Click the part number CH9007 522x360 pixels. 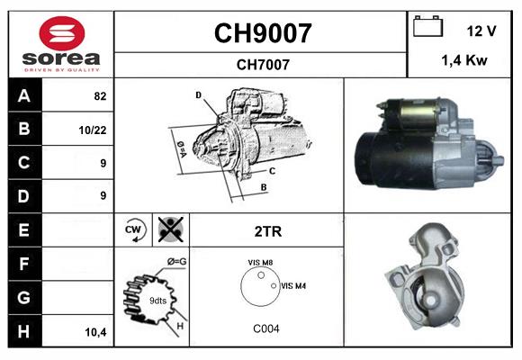[x=262, y=33]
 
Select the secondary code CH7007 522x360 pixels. [x=262, y=64]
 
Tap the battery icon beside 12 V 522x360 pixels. [x=427, y=28]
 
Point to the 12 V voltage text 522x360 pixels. [x=481, y=31]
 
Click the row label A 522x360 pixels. [x=23, y=95]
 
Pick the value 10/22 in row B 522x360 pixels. [x=94, y=130]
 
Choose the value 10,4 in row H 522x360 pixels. [x=95, y=331]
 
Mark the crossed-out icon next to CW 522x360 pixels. [x=169, y=229]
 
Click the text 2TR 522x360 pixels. [x=268, y=231]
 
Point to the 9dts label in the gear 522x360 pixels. [x=157, y=301]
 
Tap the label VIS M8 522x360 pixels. [x=262, y=262]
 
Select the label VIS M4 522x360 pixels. [x=294, y=286]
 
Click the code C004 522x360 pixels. [x=265, y=328]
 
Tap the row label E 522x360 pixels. [x=23, y=229]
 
